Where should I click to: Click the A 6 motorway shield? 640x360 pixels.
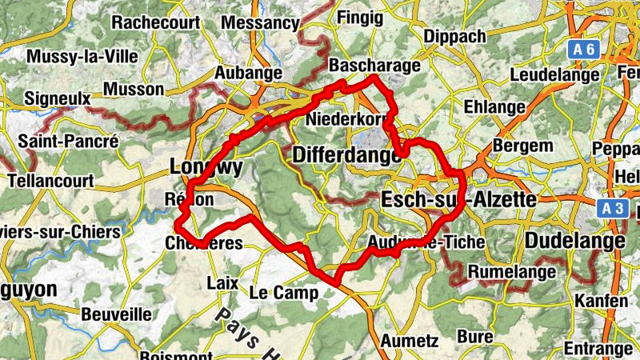pos(584,50)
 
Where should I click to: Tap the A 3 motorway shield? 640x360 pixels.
pos(612,209)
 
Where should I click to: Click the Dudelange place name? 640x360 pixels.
pos(575,241)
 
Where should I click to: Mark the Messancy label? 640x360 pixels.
pos(259,23)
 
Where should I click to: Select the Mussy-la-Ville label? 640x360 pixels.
pos(82,57)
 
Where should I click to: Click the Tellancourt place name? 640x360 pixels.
pos(51,181)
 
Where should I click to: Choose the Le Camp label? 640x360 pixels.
pos(284,293)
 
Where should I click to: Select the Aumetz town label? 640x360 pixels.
pos(410,340)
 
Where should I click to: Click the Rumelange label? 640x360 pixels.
pos(510,273)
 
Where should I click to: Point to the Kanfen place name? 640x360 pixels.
pos(601,301)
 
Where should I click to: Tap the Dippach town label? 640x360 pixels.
pos(455,37)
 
